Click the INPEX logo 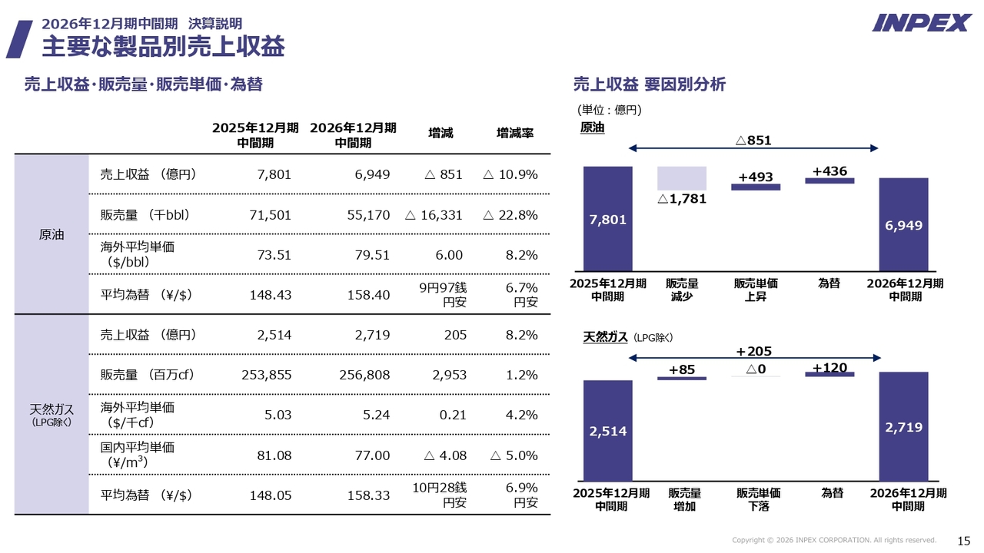922,23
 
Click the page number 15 963,541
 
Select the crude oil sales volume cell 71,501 270,215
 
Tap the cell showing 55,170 368,215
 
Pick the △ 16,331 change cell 434,215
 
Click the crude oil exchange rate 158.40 368,294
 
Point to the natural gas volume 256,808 364,375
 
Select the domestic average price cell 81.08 274,455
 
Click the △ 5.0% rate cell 514,455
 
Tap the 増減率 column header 515,133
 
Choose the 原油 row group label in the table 52,234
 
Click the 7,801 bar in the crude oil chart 607,219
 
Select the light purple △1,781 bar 682,178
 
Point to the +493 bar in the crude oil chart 756,187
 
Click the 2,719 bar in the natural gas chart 903,426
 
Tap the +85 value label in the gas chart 682,369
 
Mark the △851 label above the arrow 753,140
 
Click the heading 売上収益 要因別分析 650,84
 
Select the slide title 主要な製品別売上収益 164,47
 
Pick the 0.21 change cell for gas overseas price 453,415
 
